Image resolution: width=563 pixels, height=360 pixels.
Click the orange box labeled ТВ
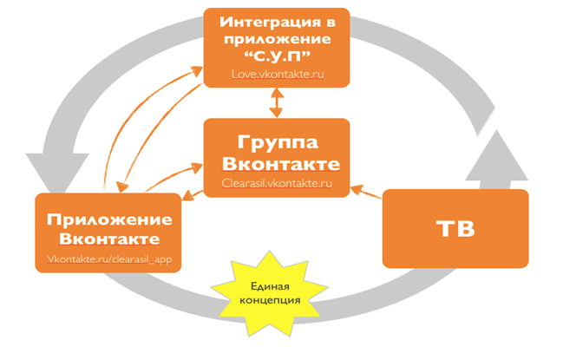coord(455,228)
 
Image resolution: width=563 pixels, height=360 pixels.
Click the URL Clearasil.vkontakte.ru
coord(277,184)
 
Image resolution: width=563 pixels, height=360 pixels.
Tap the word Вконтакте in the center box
coord(277,163)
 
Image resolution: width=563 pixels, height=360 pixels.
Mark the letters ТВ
coord(455,228)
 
